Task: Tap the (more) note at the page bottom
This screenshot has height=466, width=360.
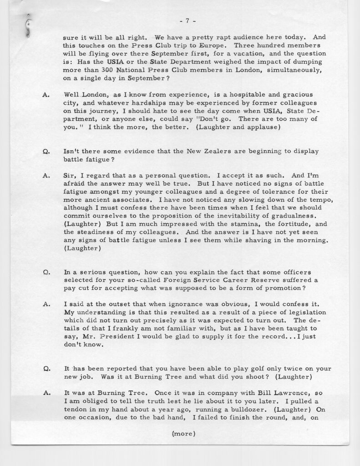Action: (x=184, y=433)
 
